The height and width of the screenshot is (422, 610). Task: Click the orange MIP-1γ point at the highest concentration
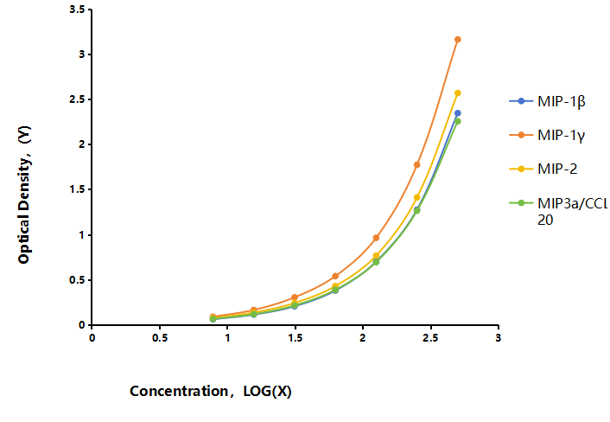tap(458, 39)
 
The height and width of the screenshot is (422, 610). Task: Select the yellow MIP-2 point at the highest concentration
tap(458, 93)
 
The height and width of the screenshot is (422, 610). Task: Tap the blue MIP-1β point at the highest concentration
tap(458, 113)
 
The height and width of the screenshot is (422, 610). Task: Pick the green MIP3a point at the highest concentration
tap(458, 121)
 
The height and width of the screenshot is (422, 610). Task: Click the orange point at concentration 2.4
tap(416, 164)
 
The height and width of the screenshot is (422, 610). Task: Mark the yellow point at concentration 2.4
tap(416, 197)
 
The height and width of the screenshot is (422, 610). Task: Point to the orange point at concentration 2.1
tap(376, 238)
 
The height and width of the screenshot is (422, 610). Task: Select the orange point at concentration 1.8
tap(335, 276)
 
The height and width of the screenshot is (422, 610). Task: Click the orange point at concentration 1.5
tap(295, 297)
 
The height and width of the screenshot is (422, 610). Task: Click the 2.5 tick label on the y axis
tap(78, 99)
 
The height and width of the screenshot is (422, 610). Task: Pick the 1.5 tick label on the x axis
tap(295, 337)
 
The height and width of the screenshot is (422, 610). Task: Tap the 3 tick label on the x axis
tap(498, 337)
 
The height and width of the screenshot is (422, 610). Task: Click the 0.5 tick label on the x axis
tap(160, 337)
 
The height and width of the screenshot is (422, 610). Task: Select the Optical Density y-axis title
tap(24, 195)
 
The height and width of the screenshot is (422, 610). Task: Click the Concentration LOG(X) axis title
tap(211, 391)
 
